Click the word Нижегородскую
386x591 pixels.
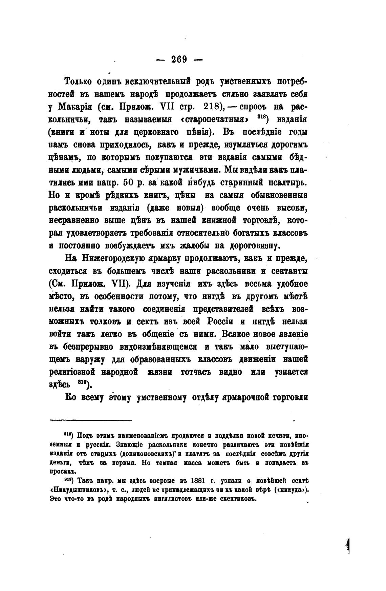[x=113, y=259]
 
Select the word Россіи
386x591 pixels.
[x=220, y=322]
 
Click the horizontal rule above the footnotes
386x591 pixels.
[x=90, y=421]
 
